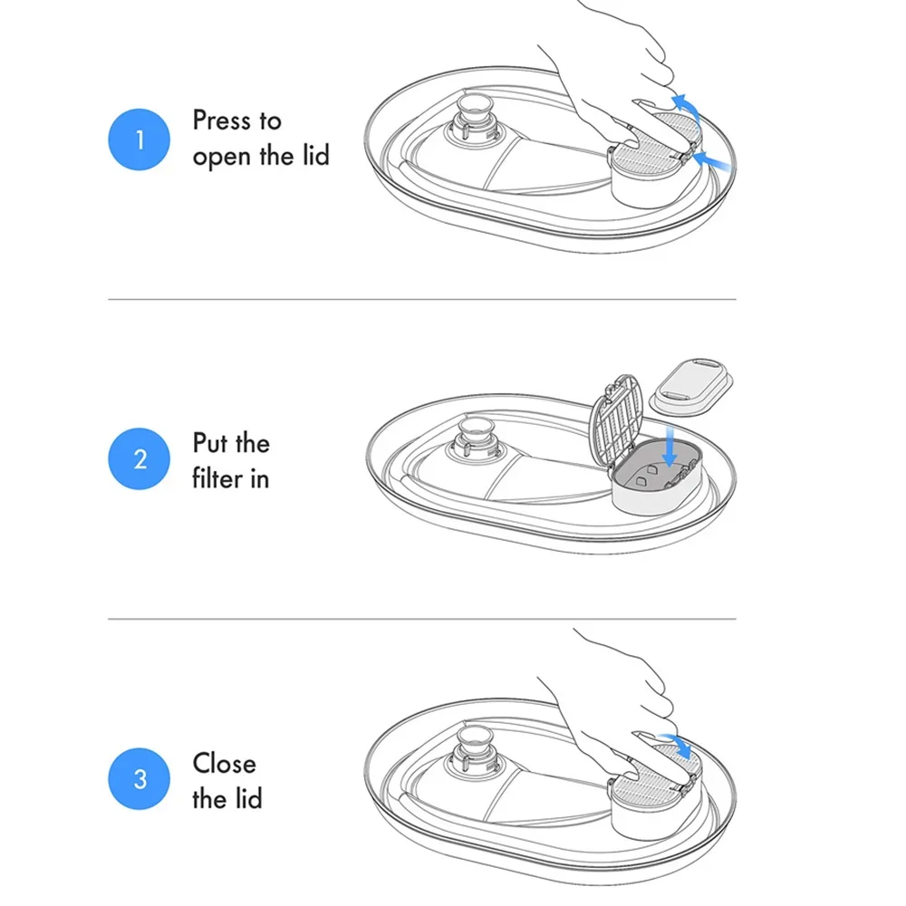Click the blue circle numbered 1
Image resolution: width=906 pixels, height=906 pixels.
pyautogui.click(x=140, y=140)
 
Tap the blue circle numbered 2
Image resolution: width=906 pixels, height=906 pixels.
pyautogui.click(x=140, y=458)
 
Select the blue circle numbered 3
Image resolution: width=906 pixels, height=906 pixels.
pyautogui.click(x=140, y=778)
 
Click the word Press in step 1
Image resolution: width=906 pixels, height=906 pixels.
pyautogui.click(x=222, y=120)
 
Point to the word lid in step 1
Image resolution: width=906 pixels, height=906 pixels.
pyautogui.click(x=315, y=155)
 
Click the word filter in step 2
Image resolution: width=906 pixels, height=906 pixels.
pyautogui.click(x=217, y=478)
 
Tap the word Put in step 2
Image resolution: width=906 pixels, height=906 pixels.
pyautogui.click(x=210, y=443)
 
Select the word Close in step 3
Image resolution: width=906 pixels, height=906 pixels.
pyautogui.click(x=224, y=763)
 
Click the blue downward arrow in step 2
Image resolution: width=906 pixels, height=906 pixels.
pyautogui.click(x=670, y=446)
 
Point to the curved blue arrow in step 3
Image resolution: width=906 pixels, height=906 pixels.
pyautogui.click(x=679, y=744)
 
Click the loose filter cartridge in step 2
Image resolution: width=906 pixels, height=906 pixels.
pyautogui.click(x=691, y=387)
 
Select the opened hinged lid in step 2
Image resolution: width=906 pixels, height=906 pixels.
pyautogui.click(x=616, y=421)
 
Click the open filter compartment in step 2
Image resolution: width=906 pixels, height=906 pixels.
pyautogui.click(x=658, y=475)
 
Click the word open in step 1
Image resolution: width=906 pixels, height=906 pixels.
pyautogui.click(x=223, y=157)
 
